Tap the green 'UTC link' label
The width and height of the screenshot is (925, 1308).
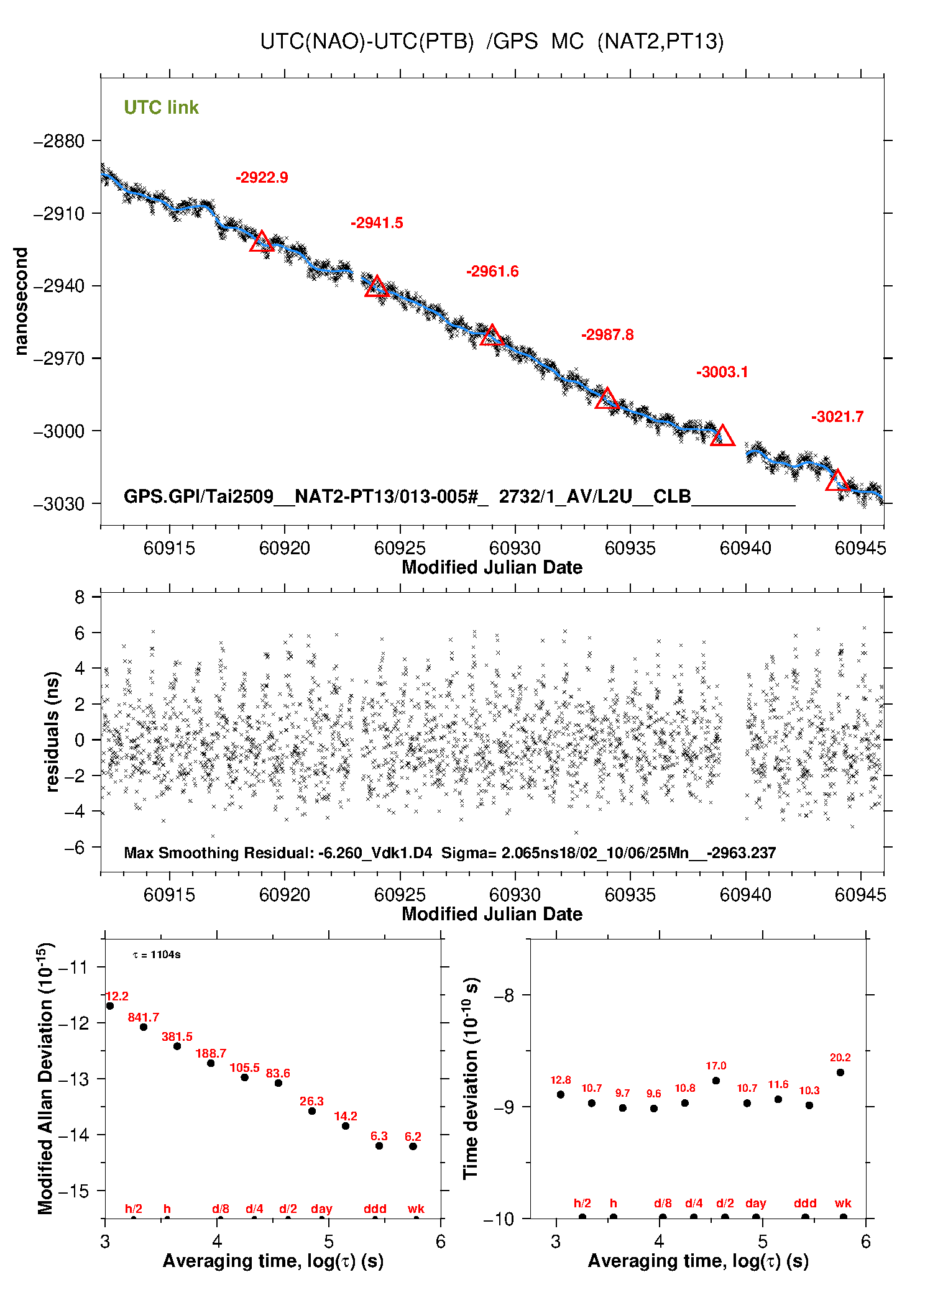tap(161, 107)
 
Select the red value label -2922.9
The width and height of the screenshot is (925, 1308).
tap(262, 178)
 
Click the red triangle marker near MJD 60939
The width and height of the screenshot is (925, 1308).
tap(722, 436)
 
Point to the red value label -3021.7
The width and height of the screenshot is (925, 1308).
tap(837, 417)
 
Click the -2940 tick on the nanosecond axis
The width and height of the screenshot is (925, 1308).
tap(59, 286)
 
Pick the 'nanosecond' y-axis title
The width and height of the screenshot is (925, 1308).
tap(21, 301)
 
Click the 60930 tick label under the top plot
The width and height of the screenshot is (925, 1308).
tap(515, 548)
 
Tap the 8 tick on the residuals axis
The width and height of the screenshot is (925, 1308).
tap(80, 598)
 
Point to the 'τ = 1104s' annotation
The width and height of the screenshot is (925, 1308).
tap(157, 954)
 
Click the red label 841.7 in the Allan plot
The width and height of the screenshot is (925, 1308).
tap(143, 1017)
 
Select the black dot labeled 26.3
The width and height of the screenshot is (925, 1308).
tap(312, 1111)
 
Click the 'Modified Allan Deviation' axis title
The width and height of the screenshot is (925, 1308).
tap(45, 1078)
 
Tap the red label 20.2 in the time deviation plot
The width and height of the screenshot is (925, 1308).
tap(840, 1058)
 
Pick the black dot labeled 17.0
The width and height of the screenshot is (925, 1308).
tap(716, 1081)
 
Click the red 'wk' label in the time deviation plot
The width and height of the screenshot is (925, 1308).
tap(843, 1204)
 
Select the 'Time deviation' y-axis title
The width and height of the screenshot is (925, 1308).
tap(471, 1078)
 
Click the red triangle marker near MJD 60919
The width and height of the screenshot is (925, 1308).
tap(262, 242)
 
